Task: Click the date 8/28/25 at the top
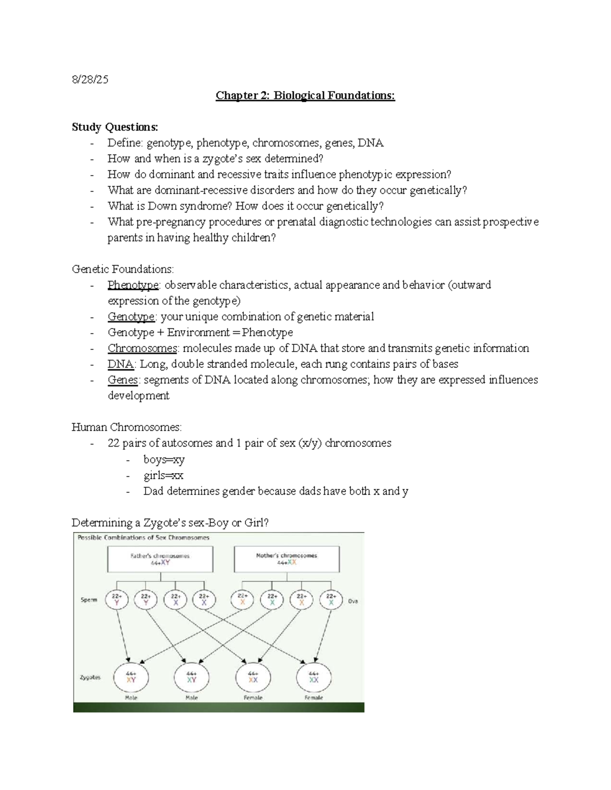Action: pyautogui.click(x=90, y=79)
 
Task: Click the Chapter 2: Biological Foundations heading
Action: pyautogui.click(x=305, y=96)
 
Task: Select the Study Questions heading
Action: pyautogui.click(x=115, y=127)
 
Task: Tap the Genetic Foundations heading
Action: pyautogui.click(x=123, y=269)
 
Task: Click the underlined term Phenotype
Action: pyautogui.click(x=133, y=285)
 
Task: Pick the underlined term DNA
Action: pyautogui.click(x=121, y=364)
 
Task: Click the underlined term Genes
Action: pyautogui.click(x=123, y=379)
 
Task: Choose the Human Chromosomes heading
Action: pyautogui.click(x=126, y=427)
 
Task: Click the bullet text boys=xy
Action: pyautogui.click(x=164, y=459)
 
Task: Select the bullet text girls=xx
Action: pyautogui.click(x=163, y=476)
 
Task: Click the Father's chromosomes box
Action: pyautogui.click(x=160, y=559)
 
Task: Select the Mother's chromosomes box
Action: pyautogui.click(x=287, y=559)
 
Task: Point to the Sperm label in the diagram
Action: pyautogui.click(x=89, y=600)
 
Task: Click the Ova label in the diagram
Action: pyautogui.click(x=353, y=601)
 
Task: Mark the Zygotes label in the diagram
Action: pyautogui.click(x=90, y=677)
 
